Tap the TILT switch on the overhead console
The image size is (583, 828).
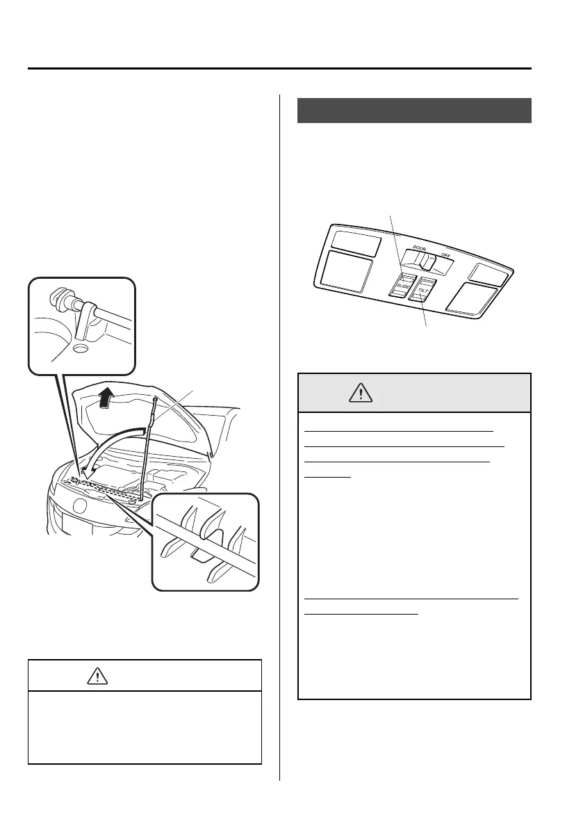[x=423, y=289]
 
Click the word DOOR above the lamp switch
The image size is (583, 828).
[x=419, y=247]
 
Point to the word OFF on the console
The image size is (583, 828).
[x=445, y=255]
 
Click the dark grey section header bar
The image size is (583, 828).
[x=414, y=111]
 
